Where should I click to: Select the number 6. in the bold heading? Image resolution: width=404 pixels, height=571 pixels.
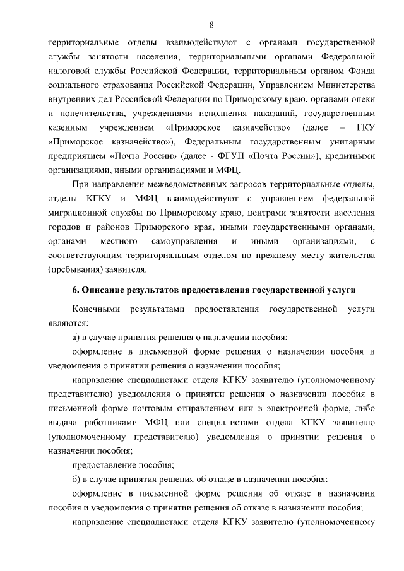(x=76, y=290)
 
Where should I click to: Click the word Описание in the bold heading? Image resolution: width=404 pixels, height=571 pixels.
(x=104, y=290)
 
